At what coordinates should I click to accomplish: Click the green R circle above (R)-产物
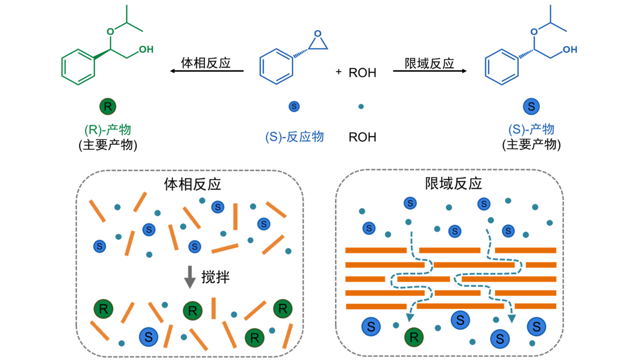108,107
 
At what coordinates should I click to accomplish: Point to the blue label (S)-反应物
294,137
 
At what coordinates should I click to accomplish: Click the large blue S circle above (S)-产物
531,107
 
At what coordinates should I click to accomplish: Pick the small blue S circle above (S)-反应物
294,107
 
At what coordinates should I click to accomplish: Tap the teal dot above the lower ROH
361,107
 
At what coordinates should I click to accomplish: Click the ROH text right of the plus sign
362,73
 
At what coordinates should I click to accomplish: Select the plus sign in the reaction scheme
339,72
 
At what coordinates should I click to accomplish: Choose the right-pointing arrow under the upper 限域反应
429,71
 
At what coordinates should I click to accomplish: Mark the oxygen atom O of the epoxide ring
317,34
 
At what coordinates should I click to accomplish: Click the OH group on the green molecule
146,49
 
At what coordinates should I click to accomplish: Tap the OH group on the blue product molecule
570,50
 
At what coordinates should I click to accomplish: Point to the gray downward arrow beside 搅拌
190,277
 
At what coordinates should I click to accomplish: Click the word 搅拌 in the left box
216,277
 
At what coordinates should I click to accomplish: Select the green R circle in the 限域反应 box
414,336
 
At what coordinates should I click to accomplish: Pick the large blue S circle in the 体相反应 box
149,336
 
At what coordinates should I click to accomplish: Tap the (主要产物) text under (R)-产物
108,145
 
